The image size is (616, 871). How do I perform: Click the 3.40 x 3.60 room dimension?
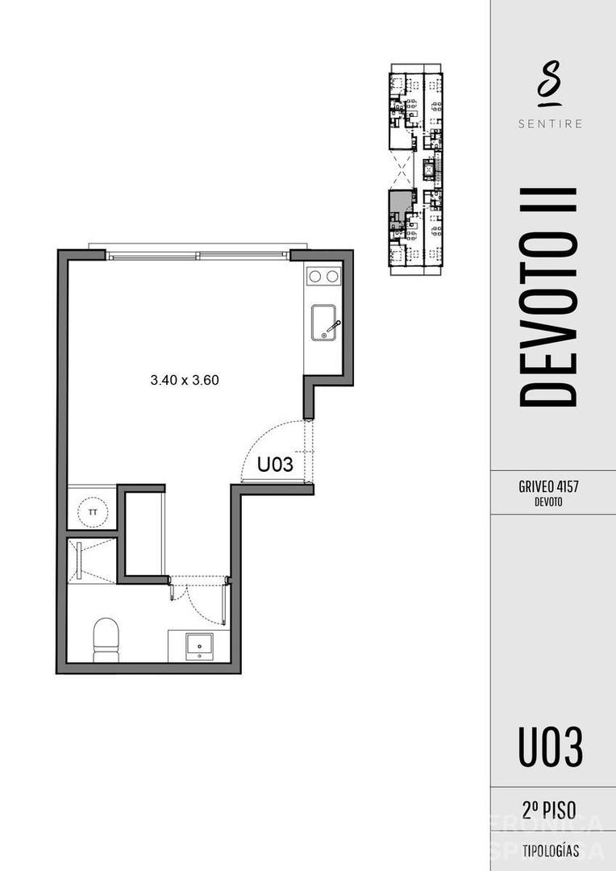point(185,380)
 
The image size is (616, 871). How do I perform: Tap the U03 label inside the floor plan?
point(274,465)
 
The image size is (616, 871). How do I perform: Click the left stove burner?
point(315,277)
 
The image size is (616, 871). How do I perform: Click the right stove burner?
point(332,277)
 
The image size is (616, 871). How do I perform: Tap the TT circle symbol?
point(93,511)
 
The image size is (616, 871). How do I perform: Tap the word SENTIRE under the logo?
point(548,124)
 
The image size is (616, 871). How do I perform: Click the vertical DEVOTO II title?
point(548,297)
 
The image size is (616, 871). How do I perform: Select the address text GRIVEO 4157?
point(548,487)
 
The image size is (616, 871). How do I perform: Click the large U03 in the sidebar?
point(550,747)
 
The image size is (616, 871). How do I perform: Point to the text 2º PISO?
point(549,811)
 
